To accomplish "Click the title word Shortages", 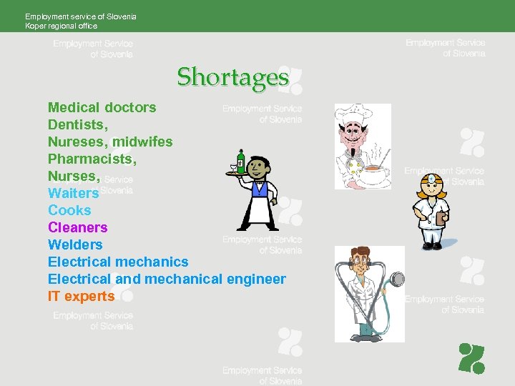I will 233,76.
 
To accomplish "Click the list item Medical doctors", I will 102,108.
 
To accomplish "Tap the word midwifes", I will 142,142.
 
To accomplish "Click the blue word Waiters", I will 73,194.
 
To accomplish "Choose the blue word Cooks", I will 69,211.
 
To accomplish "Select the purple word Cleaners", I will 77,228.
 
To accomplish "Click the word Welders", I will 75,245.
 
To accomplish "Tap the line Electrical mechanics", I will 118,262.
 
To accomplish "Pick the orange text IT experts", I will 81,297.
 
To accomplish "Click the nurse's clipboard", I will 441,219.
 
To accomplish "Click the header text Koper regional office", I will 61,26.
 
